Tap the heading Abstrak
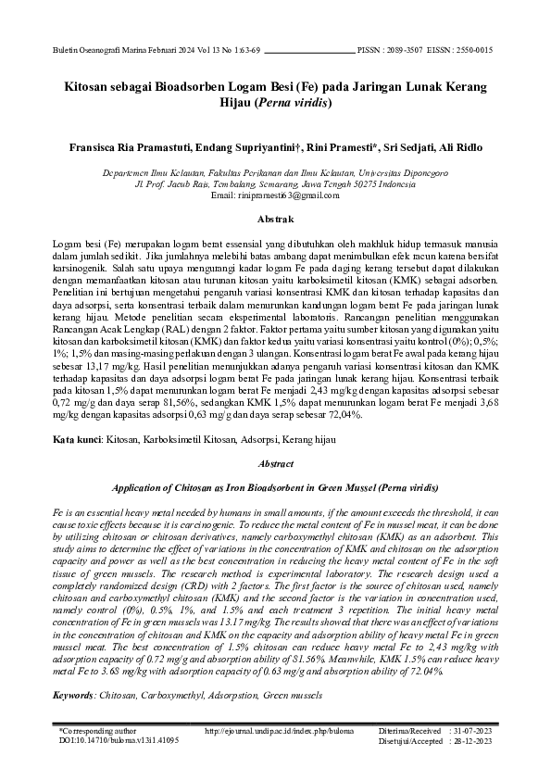tap(275, 220)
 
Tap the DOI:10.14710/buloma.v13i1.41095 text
tap(118, 741)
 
